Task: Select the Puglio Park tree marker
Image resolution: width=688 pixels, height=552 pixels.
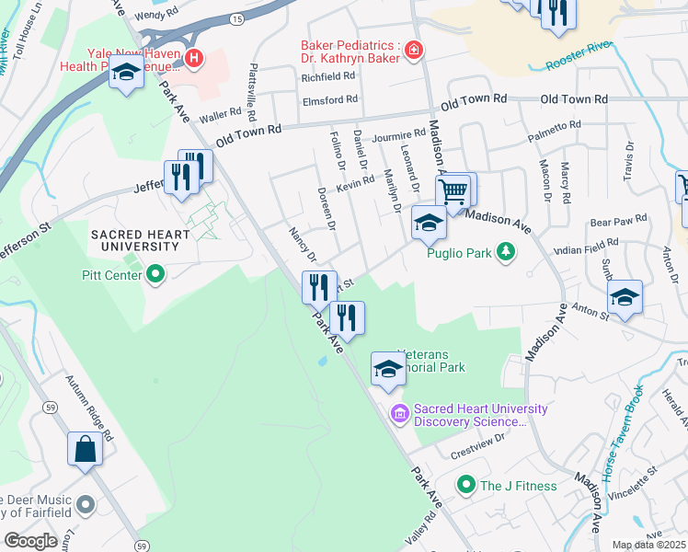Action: [505, 251]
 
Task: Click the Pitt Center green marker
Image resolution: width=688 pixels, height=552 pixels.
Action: [155, 273]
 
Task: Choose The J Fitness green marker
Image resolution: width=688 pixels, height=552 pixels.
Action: [466, 485]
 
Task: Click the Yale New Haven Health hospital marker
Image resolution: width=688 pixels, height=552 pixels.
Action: [194, 60]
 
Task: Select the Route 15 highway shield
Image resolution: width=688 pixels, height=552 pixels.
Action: [237, 18]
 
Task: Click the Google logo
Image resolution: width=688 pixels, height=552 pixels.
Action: [30, 541]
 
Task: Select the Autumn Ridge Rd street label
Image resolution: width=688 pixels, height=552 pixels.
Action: [88, 406]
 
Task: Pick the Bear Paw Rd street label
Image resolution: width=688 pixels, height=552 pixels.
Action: [618, 221]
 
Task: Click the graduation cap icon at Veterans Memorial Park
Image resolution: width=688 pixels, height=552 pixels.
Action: [388, 370]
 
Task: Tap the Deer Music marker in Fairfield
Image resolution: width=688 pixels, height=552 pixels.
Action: [86, 504]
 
